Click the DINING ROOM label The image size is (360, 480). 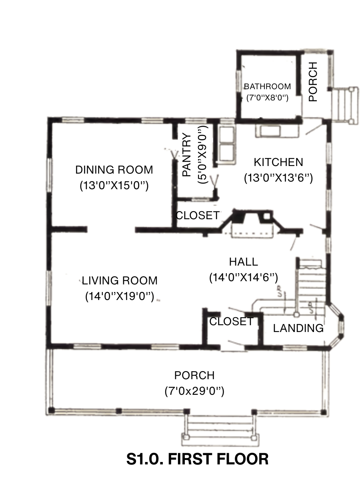click(x=114, y=170)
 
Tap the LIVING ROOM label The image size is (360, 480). click(x=120, y=280)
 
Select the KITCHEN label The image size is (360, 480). click(x=278, y=162)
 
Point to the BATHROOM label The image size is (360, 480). click(x=267, y=86)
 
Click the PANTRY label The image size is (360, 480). click(x=187, y=155)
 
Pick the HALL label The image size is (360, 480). click(x=244, y=262)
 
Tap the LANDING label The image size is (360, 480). click(x=298, y=328)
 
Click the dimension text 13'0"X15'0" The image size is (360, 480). click(x=114, y=186)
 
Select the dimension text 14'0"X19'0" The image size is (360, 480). click(x=120, y=296)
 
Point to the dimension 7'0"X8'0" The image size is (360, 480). click(x=267, y=98)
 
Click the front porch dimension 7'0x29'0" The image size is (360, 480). click(x=194, y=391)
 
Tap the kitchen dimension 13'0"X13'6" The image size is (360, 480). click(x=278, y=178)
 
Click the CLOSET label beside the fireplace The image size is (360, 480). click(x=198, y=215)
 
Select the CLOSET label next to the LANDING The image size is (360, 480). click(x=231, y=322)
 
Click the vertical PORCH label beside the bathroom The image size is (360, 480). click(x=313, y=82)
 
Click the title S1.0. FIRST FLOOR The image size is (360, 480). click(x=197, y=459)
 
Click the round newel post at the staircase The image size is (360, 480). click(x=296, y=315)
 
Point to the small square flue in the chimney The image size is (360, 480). click(x=267, y=216)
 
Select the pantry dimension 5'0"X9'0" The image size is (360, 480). click(x=202, y=155)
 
